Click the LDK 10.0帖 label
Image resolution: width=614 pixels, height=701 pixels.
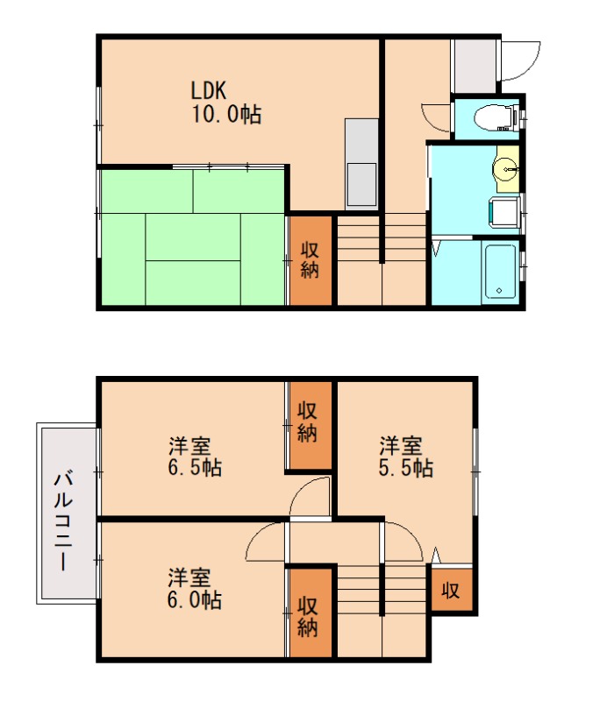click(x=226, y=102)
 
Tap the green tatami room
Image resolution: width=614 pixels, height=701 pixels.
click(x=192, y=237)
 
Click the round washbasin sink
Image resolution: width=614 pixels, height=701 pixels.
click(x=506, y=172)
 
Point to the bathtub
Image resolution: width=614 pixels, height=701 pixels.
click(x=501, y=271)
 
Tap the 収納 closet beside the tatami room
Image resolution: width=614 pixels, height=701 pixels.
click(x=311, y=260)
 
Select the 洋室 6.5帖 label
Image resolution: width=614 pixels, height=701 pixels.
click(x=195, y=456)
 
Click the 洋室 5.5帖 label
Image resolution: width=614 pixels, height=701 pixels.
click(x=405, y=456)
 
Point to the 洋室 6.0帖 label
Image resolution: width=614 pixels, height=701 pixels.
click(x=195, y=589)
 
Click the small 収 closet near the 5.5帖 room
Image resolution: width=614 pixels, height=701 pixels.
click(x=451, y=591)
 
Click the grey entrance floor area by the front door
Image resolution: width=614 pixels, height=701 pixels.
click(x=473, y=65)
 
